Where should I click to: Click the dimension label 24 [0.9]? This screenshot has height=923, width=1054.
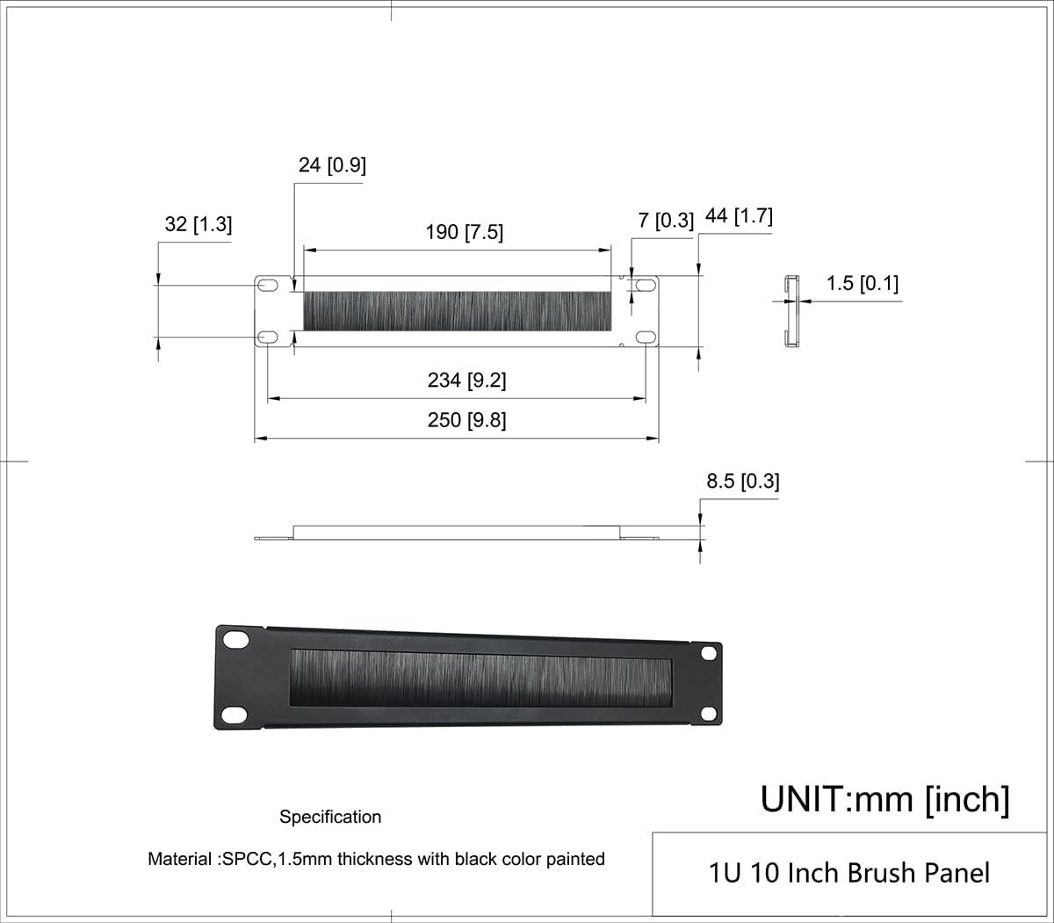tap(332, 165)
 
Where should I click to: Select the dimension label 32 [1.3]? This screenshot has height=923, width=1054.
tap(199, 224)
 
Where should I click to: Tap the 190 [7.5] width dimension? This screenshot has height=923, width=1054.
tap(465, 232)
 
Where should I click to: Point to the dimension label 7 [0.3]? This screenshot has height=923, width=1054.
tap(666, 220)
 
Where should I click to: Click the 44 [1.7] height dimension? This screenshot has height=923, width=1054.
tap(739, 215)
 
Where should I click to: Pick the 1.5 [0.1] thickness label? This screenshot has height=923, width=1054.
tap(863, 283)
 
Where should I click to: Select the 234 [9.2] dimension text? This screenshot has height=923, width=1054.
tap(466, 380)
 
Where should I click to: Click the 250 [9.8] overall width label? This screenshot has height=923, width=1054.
tap(466, 420)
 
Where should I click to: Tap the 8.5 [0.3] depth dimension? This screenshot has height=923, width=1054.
tap(742, 481)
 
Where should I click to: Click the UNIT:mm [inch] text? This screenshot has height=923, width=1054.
tap(884, 799)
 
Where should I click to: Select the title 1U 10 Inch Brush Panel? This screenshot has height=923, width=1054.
tap(848, 873)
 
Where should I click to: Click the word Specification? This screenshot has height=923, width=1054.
tap(330, 817)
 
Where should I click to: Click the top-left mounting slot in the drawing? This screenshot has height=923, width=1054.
tap(267, 285)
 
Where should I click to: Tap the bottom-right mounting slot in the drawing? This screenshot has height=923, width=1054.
tap(646, 338)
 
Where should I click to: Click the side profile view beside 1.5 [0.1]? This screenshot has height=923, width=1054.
tap(792, 312)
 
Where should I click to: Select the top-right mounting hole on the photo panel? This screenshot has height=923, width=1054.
tap(709, 655)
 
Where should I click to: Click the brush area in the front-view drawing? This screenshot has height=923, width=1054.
tap(457, 311)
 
